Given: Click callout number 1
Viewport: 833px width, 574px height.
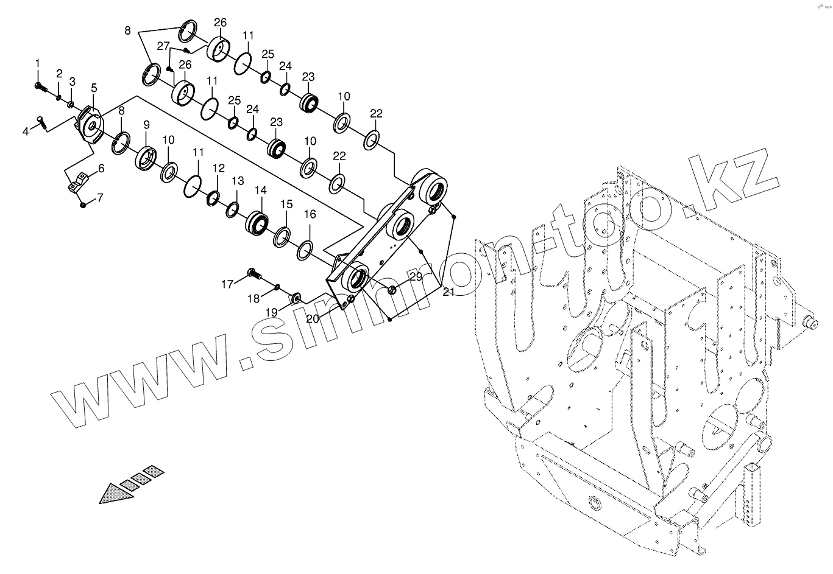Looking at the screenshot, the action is (x=37, y=63).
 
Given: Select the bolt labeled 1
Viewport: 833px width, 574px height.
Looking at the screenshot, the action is (x=40, y=88).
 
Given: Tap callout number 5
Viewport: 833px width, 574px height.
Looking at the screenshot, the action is (x=94, y=88).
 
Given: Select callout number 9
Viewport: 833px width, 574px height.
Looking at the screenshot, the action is (x=146, y=125).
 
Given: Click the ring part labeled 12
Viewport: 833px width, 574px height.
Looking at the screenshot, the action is (x=214, y=198).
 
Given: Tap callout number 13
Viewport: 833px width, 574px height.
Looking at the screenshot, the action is (x=238, y=181).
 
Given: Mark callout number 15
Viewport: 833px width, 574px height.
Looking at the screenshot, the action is (x=286, y=203).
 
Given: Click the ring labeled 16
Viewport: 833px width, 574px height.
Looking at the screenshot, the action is (x=306, y=248).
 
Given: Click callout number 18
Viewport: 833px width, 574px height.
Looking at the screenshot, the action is (x=253, y=298).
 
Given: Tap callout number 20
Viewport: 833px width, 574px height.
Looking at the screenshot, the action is (x=312, y=318).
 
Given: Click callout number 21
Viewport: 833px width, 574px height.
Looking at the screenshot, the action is (x=448, y=292).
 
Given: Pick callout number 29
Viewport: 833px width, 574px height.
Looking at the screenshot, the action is (x=415, y=276).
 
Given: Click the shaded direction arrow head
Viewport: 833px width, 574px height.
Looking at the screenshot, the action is (x=115, y=492).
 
